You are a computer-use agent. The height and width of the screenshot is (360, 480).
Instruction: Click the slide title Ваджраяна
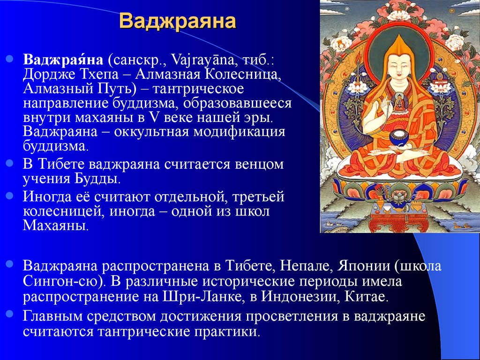178,21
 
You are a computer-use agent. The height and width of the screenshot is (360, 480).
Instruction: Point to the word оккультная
150,132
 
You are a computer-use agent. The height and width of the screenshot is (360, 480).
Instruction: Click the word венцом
259,165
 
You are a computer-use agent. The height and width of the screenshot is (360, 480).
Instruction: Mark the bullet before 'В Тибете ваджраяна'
10,163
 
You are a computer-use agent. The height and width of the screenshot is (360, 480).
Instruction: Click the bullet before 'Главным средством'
10,314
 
